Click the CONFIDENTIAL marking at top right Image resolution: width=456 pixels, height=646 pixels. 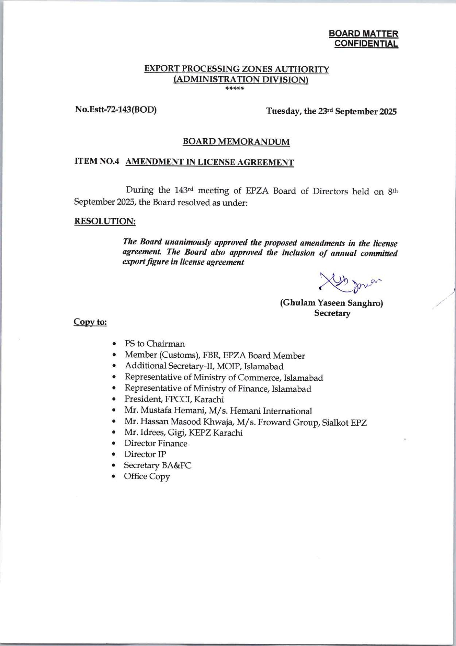(x=366, y=44)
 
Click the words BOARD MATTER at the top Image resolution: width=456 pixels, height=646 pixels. (x=363, y=34)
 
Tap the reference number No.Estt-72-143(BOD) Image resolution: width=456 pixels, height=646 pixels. (x=116, y=109)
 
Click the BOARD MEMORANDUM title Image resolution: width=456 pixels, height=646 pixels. (x=236, y=142)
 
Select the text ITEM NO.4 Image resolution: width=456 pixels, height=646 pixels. (x=97, y=162)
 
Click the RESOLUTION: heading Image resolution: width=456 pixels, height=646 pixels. (x=105, y=221)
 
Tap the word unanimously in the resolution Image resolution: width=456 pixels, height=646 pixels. (x=189, y=242)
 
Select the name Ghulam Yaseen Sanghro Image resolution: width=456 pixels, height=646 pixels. (x=331, y=303)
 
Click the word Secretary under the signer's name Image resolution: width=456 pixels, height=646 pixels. (x=332, y=313)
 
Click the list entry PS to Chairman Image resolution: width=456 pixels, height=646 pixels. (x=155, y=344)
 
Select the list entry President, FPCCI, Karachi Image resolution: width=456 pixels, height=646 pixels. (x=174, y=399)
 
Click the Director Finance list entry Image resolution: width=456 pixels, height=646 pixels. (x=156, y=443)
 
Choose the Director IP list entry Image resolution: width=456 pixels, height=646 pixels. (x=145, y=454)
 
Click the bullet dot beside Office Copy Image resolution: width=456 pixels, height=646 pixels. (x=115, y=476)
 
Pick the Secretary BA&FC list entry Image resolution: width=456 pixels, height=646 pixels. (x=157, y=465)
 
